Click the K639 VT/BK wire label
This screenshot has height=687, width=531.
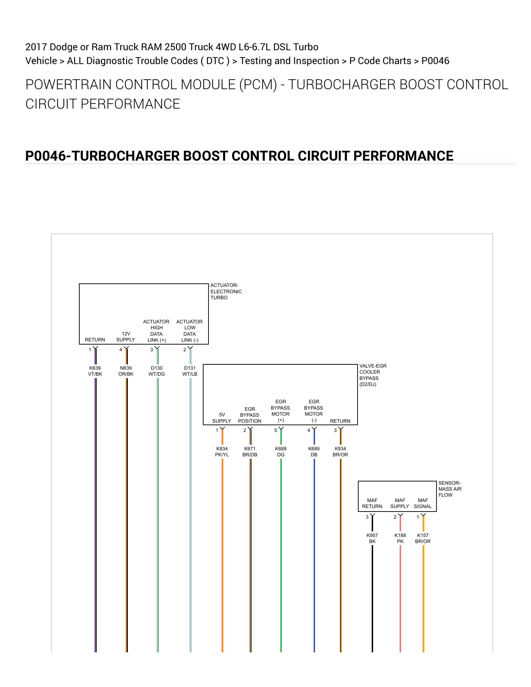click(x=95, y=371)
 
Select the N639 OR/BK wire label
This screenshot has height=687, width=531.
click(x=126, y=371)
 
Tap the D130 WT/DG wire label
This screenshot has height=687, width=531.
click(x=156, y=371)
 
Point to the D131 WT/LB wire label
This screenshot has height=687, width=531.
click(x=190, y=371)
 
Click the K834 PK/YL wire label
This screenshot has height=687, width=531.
click(x=222, y=452)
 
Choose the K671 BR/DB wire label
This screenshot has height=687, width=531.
click(x=250, y=452)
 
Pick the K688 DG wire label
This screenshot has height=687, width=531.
click(x=281, y=452)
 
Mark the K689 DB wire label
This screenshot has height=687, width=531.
click(x=314, y=452)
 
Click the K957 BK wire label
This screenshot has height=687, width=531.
click(x=372, y=538)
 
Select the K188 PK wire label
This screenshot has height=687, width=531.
click(x=400, y=538)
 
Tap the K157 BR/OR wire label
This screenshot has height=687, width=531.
click(x=423, y=538)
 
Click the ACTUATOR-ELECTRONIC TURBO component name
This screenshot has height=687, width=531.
click(x=226, y=291)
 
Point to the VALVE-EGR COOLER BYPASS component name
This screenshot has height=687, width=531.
click(x=373, y=375)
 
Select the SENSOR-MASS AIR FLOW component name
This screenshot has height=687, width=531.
click(x=450, y=489)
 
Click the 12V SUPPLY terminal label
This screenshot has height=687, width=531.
click(x=126, y=337)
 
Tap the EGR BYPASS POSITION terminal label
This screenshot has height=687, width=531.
click(x=250, y=415)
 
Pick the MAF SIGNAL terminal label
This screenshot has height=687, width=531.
click(x=423, y=503)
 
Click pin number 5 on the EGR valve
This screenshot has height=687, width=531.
click(x=276, y=431)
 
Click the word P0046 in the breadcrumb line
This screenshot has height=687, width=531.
click(x=435, y=61)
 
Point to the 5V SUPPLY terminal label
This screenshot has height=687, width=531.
click(x=222, y=418)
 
